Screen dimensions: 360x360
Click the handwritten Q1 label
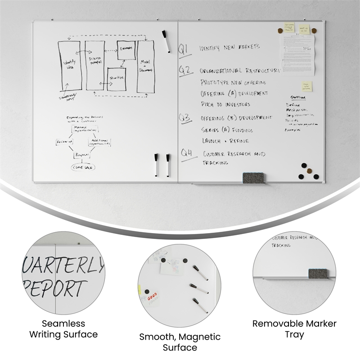[x=184, y=49]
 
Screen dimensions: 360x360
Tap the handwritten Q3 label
[x=185, y=118]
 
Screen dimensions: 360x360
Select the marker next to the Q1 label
[x=166, y=41]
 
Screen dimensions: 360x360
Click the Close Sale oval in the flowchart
[x=84, y=167]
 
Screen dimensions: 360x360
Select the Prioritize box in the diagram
[x=116, y=78]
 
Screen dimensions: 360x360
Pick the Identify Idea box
[x=70, y=65]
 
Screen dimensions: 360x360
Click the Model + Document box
[x=145, y=66]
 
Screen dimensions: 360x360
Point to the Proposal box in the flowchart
[x=82, y=155]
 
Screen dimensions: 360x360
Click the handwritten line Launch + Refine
[x=225, y=141]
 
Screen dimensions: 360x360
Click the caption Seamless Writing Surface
[x=63, y=329]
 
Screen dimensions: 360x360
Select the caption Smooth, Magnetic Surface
[x=180, y=342]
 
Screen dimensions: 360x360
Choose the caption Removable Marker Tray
[x=294, y=329]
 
